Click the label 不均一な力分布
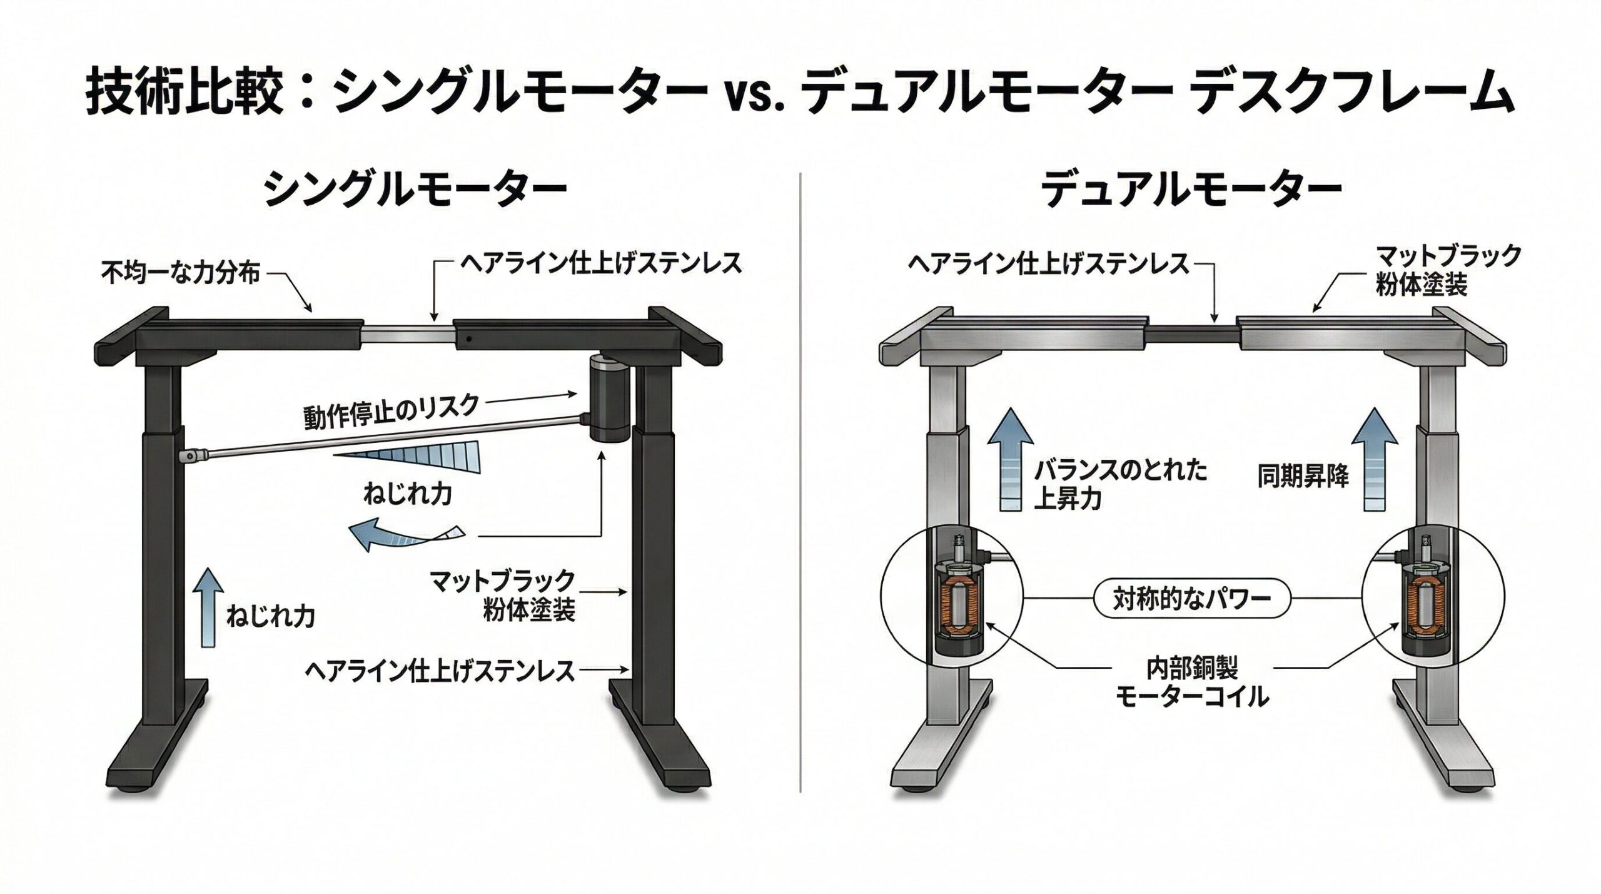(x=180, y=273)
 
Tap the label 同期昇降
(x=1302, y=477)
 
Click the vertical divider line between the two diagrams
(x=800, y=500)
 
